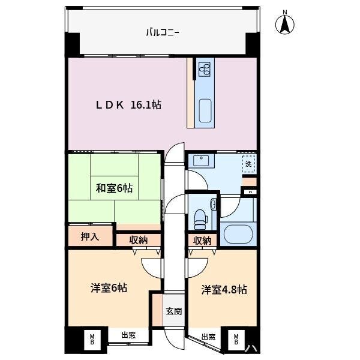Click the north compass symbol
click(284, 24)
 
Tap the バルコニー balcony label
click(163, 32)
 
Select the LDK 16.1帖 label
click(128, 105)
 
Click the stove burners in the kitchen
click(205, 70)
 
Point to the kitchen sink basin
click(205, 110)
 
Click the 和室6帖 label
click(115, 188)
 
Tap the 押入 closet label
click(90, 236)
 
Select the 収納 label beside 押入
click(138, 240)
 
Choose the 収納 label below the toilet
click(202, 241)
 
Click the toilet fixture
click(200, 220)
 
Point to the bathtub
click(238, 234)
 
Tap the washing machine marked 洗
click(248, 164)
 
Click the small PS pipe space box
click(250, 192)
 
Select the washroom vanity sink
click(201, 160)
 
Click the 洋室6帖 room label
click(109, 288)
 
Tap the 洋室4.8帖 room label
click(224, 290)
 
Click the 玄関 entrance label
click(174, 311)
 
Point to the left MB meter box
click(92, 340)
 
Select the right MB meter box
click(236, 340)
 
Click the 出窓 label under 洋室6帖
click(128, 335)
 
